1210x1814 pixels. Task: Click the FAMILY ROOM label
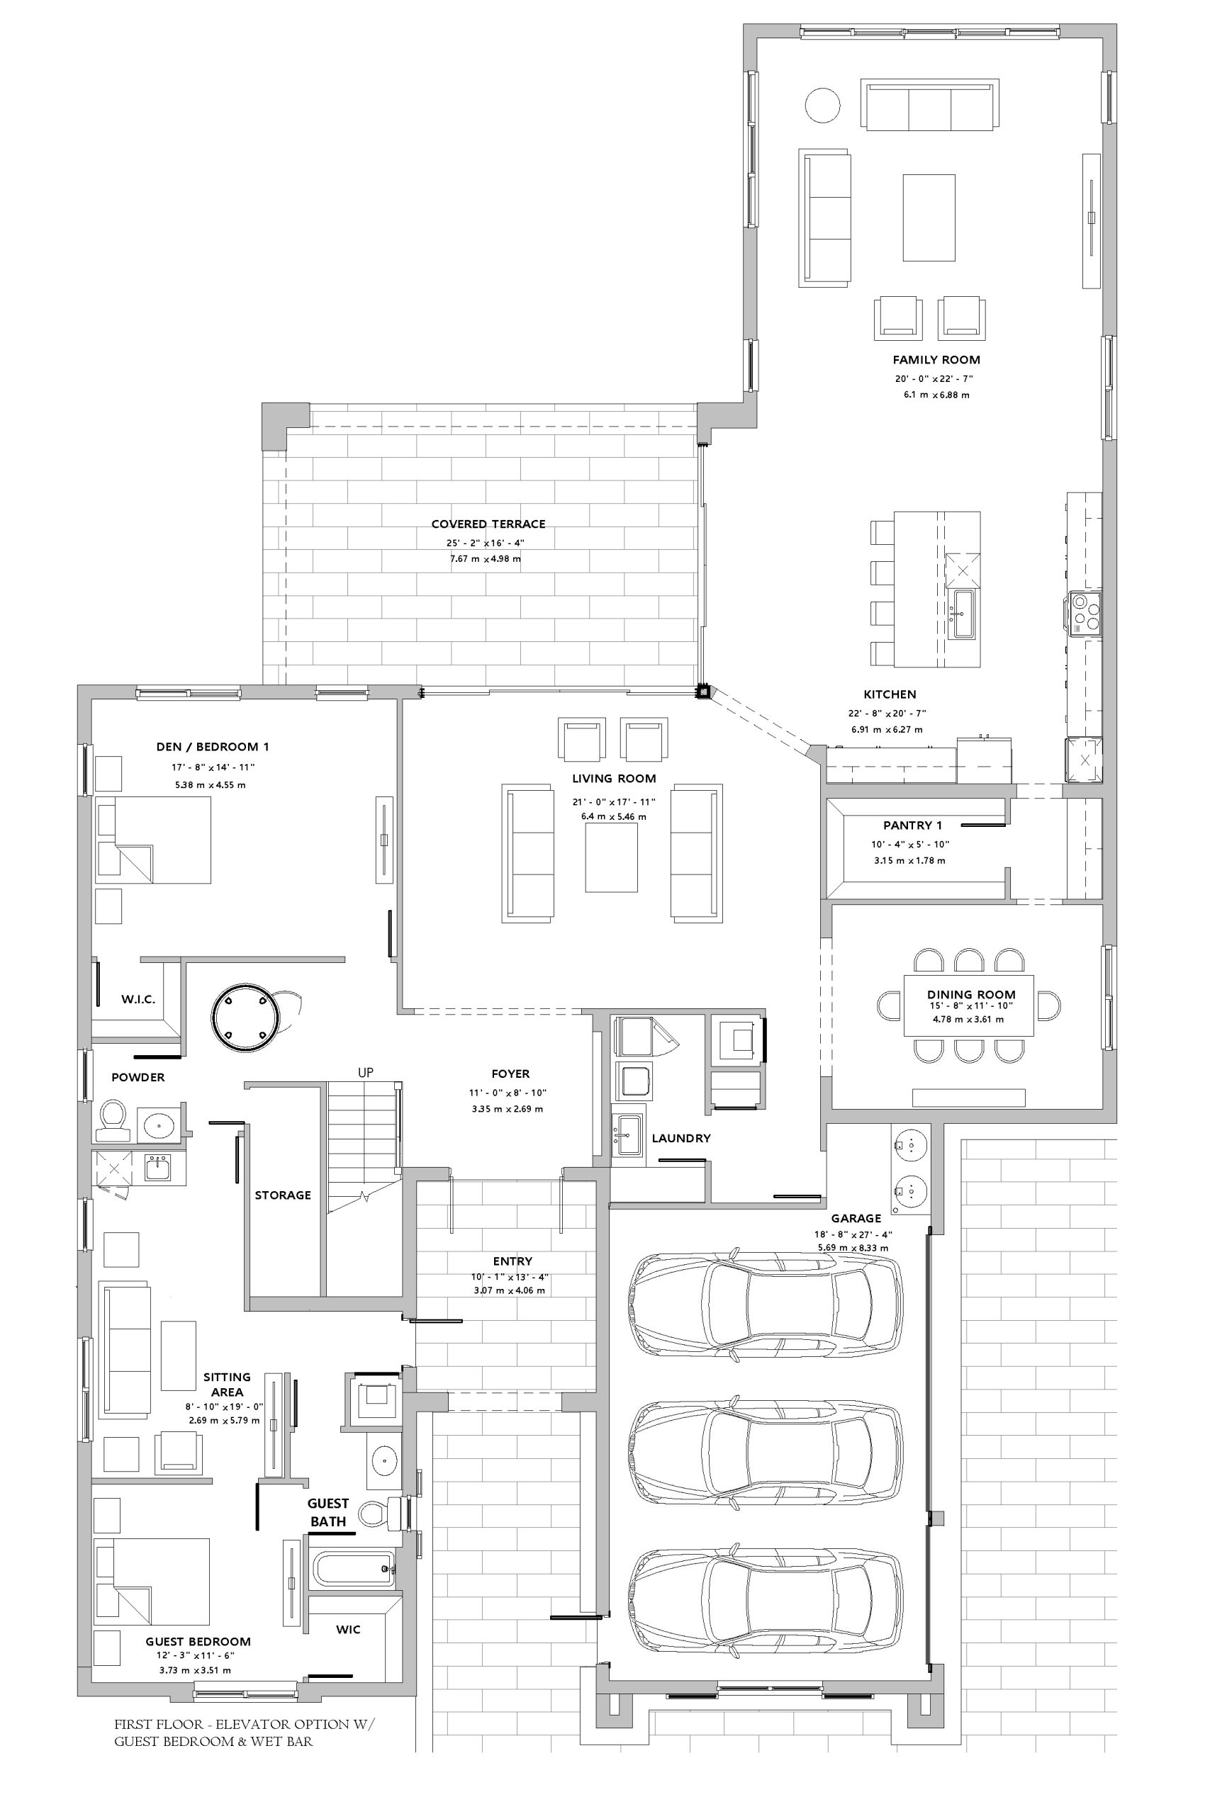pos(936,359)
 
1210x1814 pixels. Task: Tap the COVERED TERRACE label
pos(488,524)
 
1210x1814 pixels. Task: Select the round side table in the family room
pos(822,105)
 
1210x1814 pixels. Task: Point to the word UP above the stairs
pos(366,1073)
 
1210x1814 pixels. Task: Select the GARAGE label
pos(856,1219)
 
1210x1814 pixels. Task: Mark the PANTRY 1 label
pos(913,826)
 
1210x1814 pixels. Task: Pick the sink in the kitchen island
pos(964,614)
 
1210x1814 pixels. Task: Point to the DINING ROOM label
pos(971,994)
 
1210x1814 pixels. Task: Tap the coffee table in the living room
pos(612,857)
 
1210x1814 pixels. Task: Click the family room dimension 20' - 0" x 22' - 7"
pos(934,378)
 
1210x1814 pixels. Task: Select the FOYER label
pos(511,1074)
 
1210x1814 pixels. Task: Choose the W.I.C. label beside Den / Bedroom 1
pos(138,1000)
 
